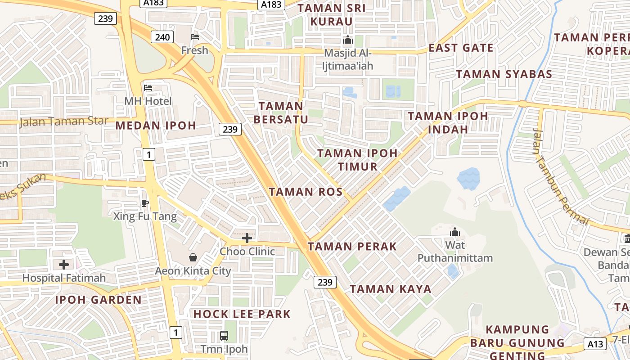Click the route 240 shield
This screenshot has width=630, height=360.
click(162, 37)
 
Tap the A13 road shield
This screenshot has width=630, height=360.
click(595, 344)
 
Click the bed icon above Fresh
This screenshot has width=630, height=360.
click(195, 36)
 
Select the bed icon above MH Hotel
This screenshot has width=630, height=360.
click(148, 87)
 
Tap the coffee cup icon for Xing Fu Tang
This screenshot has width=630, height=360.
click(144, 203)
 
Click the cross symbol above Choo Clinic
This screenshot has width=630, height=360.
click(247, 238)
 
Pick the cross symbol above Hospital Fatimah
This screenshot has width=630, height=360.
click(64, 264)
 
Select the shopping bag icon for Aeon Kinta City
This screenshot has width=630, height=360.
click(193, 257)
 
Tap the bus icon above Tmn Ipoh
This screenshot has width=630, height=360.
click(224, 335)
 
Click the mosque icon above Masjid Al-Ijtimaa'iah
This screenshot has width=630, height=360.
click(347, 40)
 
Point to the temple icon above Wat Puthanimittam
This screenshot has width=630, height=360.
click(455, 232)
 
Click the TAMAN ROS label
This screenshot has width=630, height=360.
click(306, 192)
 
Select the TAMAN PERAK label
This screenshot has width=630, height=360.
click(352, 247)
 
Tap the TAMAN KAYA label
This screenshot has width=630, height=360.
click(391, 289)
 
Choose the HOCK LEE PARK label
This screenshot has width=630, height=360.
click(242, 314)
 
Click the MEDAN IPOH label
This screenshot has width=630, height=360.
click(156, 126)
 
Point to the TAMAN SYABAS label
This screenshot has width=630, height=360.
click(504, 74)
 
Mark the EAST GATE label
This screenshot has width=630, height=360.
click(461, 48)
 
